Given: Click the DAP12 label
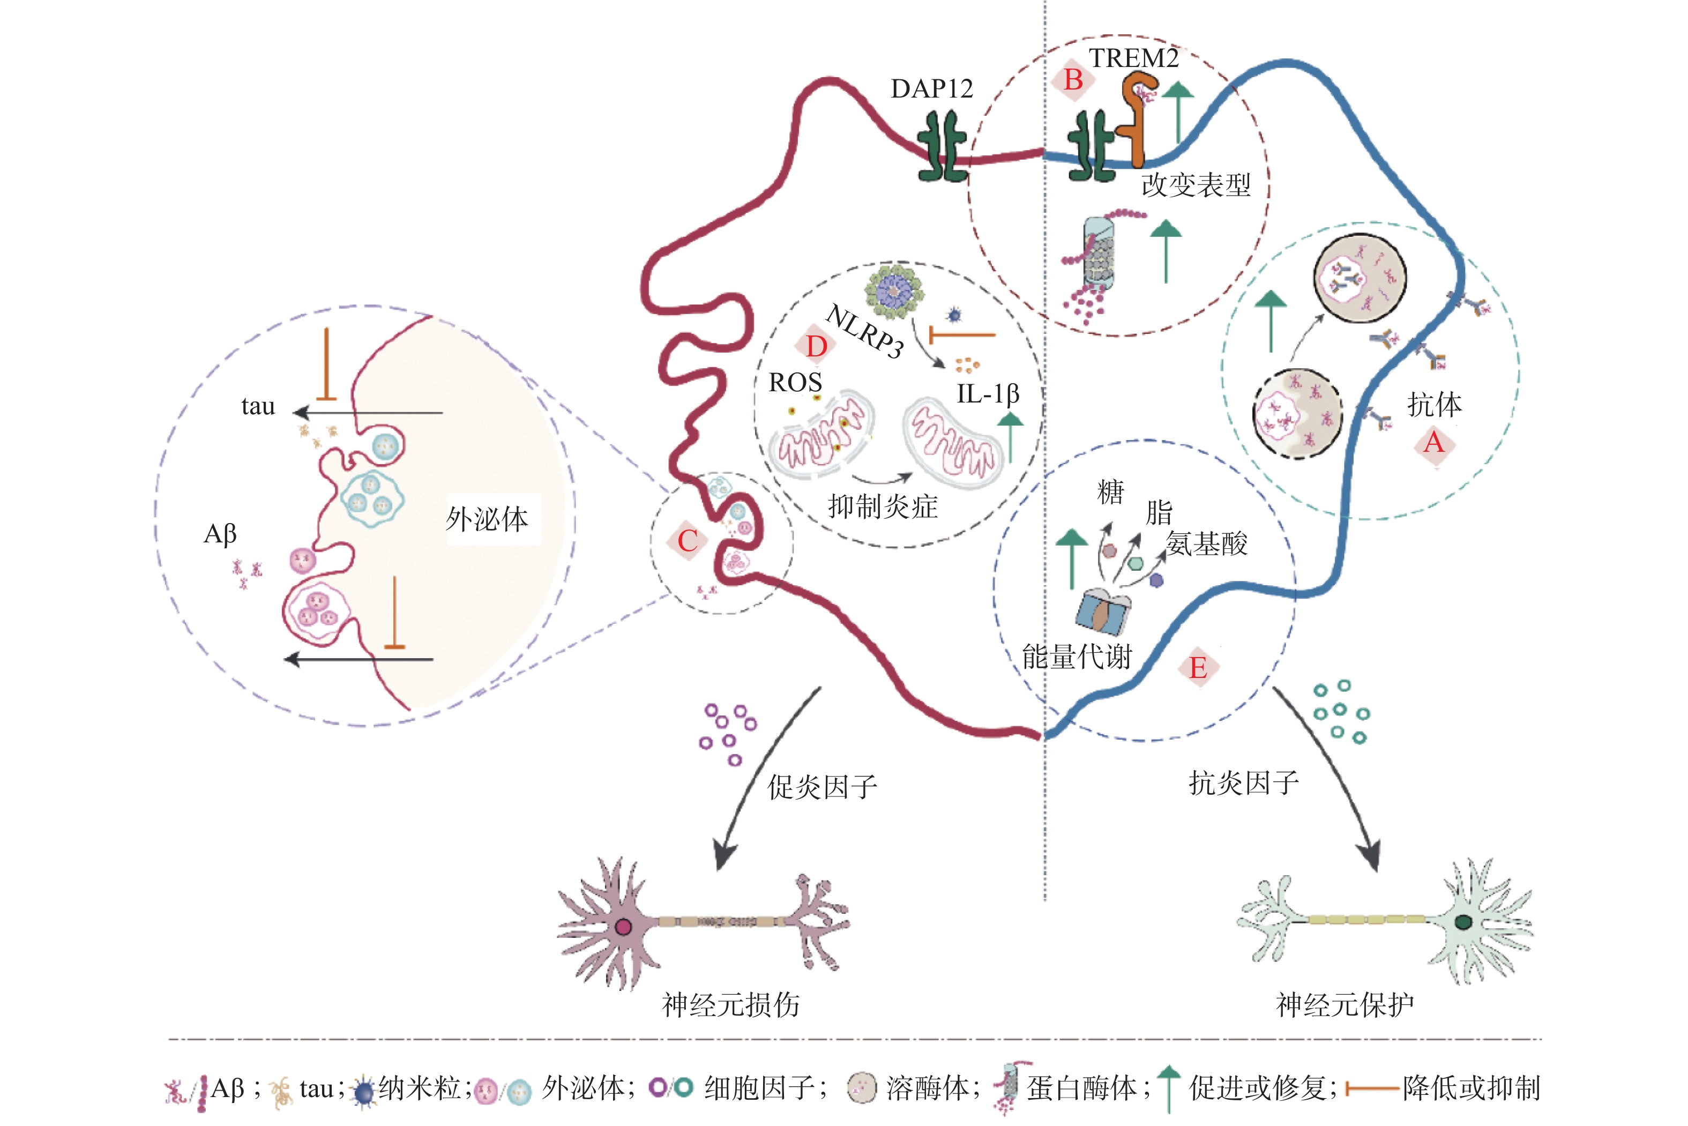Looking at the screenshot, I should point(931,89).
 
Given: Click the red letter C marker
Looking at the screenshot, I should point(687,541).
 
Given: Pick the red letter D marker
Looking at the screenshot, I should point(816,347).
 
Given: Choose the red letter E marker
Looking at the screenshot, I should point(1198,668).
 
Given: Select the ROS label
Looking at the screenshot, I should point(795,383).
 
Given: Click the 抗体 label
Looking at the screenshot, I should point(1434,405).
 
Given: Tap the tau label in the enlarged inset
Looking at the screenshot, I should point(258,406).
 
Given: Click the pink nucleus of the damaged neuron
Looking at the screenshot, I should point(623,927).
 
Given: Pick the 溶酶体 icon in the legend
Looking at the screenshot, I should point(862,1088).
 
